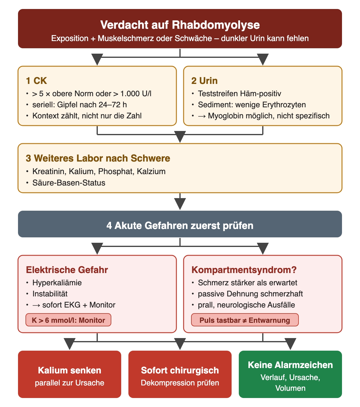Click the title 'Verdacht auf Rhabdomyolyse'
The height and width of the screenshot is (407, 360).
180,25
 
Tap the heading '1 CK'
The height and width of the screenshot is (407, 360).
36,81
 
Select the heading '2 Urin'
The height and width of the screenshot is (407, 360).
204,81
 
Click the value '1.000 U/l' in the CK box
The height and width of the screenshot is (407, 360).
136,94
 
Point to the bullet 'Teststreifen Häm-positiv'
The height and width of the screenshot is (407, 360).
239,94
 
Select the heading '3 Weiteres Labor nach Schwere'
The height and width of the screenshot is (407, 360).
98,158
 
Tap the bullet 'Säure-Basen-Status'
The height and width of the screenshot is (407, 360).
69,183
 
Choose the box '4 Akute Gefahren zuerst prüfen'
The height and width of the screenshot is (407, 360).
180,224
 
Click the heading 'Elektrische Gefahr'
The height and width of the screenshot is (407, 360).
67,270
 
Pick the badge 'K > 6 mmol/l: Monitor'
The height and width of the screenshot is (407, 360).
68,320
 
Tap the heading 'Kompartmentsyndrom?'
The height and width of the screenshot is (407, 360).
244,270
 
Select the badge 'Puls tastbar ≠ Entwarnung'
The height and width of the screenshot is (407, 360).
245,320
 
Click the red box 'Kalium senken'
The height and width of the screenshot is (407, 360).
70,374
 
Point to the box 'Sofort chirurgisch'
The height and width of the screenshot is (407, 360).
180,374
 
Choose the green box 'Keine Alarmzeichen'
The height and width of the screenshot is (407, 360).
290,374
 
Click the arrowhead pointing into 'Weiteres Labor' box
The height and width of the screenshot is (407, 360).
180,137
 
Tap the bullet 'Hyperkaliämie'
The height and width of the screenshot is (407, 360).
57,283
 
